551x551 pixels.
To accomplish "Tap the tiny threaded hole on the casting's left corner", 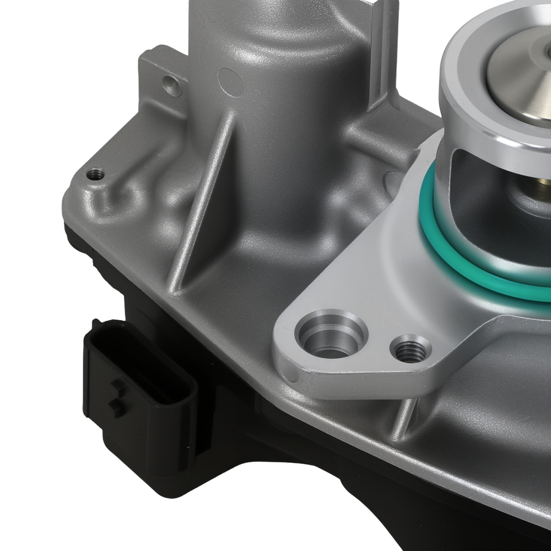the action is pyautogui.click(x=96, y=175).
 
